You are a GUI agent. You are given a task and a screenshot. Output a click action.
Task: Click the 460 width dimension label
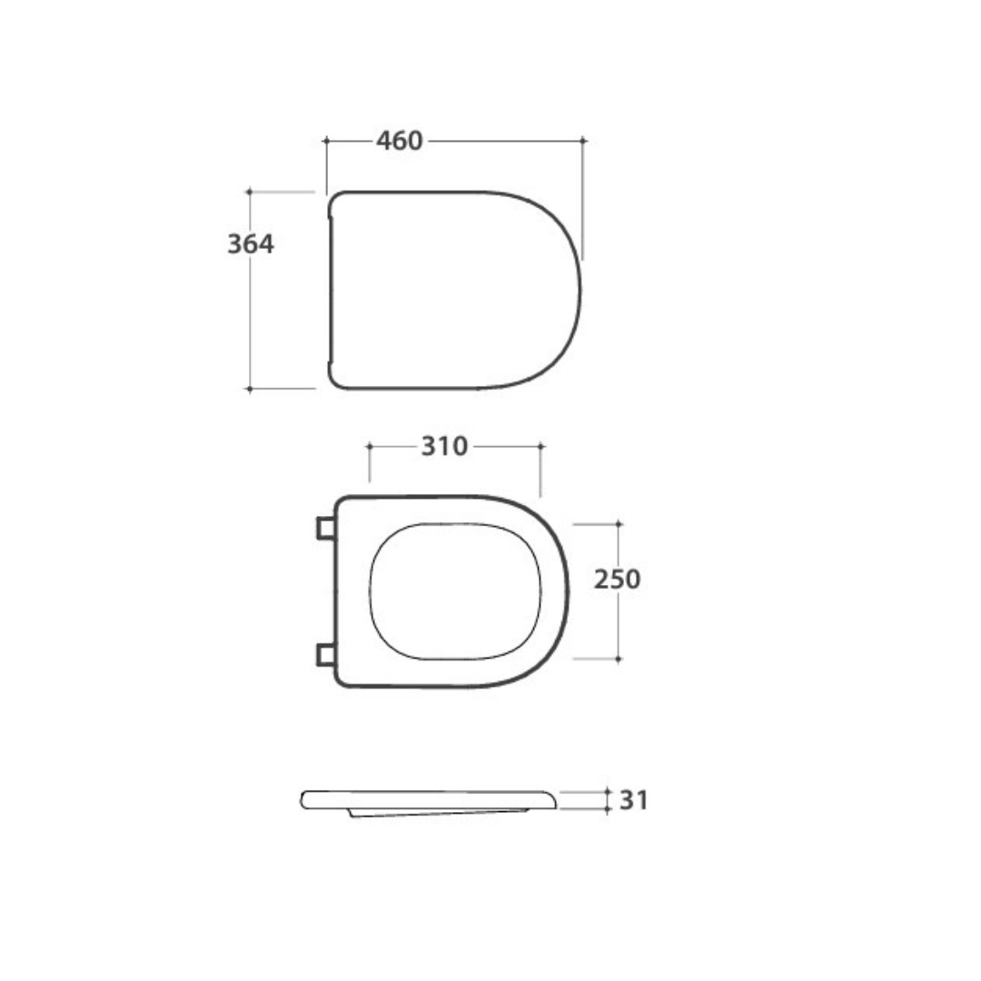point(399,141)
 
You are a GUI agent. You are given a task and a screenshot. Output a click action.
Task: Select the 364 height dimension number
point(251,244)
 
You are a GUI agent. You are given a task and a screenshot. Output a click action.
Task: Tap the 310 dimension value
point(444,446)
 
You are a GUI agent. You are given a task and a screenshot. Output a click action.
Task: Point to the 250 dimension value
point(617,580)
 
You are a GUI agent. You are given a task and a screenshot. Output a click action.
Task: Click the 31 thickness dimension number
point(634,800)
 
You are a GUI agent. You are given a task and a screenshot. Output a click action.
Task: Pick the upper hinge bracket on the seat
point(325,528)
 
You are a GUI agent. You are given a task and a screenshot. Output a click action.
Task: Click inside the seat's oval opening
point(455,591)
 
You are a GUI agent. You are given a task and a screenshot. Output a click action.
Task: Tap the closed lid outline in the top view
point(580,291)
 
